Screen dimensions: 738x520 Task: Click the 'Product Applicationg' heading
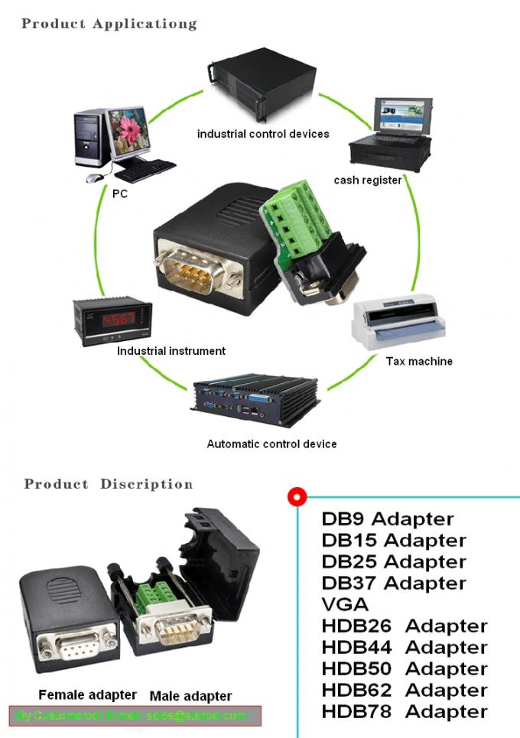109,23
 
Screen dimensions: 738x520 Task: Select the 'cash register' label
368,180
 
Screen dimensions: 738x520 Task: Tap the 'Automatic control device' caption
271,444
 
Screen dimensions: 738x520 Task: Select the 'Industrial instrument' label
171,351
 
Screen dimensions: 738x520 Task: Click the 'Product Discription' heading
109,484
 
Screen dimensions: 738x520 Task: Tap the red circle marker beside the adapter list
297,497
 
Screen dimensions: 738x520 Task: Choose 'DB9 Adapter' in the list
388,519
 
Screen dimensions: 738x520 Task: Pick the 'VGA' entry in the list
346,604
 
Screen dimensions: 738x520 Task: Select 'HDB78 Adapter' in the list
405,711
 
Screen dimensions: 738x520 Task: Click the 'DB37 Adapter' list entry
394,583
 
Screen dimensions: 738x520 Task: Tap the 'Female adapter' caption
87,695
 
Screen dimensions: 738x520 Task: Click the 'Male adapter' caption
190,696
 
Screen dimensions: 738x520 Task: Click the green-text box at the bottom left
135,716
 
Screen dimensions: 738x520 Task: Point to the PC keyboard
145,165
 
